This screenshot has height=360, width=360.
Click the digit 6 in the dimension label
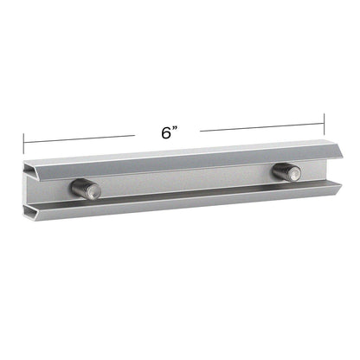tap(165, 132)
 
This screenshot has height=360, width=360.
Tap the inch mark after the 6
tap(176, 128)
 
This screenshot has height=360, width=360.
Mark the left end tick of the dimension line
tap(23, 140)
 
